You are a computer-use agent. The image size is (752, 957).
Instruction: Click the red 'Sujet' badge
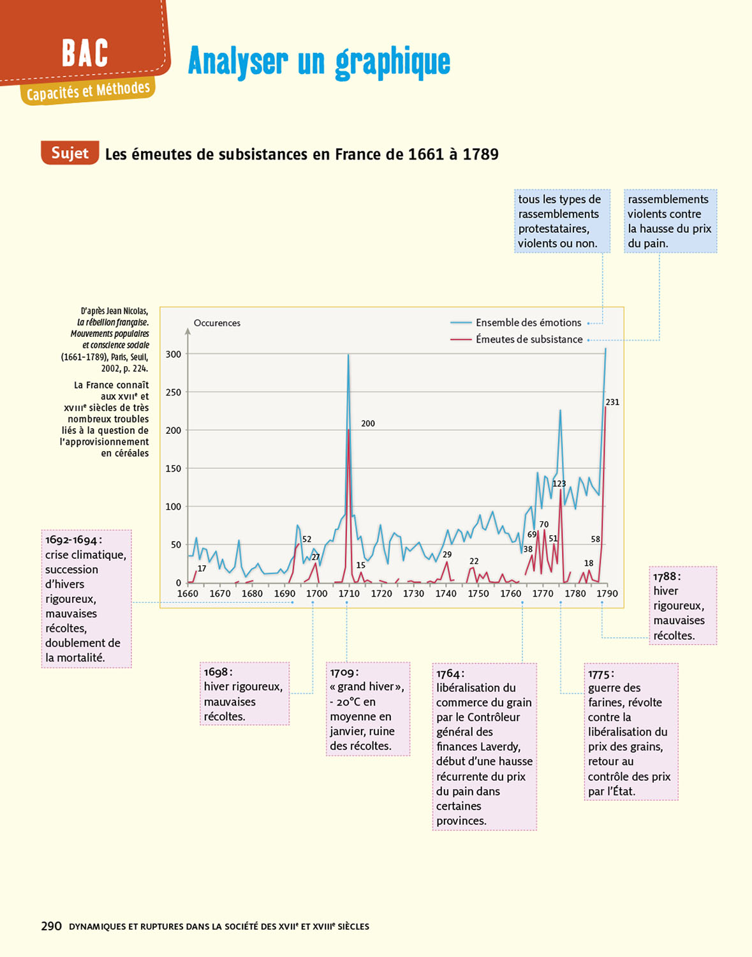[x=70, y=153]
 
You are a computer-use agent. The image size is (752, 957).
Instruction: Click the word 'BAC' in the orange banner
[x=85, y=54]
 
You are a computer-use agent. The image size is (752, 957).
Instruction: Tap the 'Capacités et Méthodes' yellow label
[x=88, y=91]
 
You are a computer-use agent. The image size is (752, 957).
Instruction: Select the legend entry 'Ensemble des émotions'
[x=528, y=323]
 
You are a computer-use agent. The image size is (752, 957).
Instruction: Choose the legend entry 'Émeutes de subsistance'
[x=529, y=339]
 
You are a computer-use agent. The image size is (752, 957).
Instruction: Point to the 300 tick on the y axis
[x=173, y=354]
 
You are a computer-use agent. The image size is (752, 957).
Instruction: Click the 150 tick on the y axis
[x=173, y=469]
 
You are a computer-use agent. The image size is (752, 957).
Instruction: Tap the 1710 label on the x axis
[x=349, y=593]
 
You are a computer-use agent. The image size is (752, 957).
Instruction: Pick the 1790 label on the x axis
[x=607, y=593]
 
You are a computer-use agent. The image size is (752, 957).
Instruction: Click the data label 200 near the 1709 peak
[x=368, y=424]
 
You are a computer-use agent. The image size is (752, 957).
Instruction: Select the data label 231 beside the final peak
[x=612, y=403]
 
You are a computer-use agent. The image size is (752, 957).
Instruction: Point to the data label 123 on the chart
[x=559, y=484]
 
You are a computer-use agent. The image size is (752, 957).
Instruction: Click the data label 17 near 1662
[x=202, y=568]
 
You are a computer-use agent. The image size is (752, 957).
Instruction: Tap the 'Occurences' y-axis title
[x=217, y=323]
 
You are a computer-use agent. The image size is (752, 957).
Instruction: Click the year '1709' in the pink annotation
[x=343, y=672]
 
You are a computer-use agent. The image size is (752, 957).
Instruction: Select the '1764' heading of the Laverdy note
[x=448, y=674]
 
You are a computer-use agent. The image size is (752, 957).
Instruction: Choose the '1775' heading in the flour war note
[x=600, y=674]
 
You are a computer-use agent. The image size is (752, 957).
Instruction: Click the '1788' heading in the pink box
[x=665, y=577]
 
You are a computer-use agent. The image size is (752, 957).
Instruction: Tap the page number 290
[x=51, y=926]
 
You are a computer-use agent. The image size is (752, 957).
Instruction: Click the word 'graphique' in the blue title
[x=393, y=62]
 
